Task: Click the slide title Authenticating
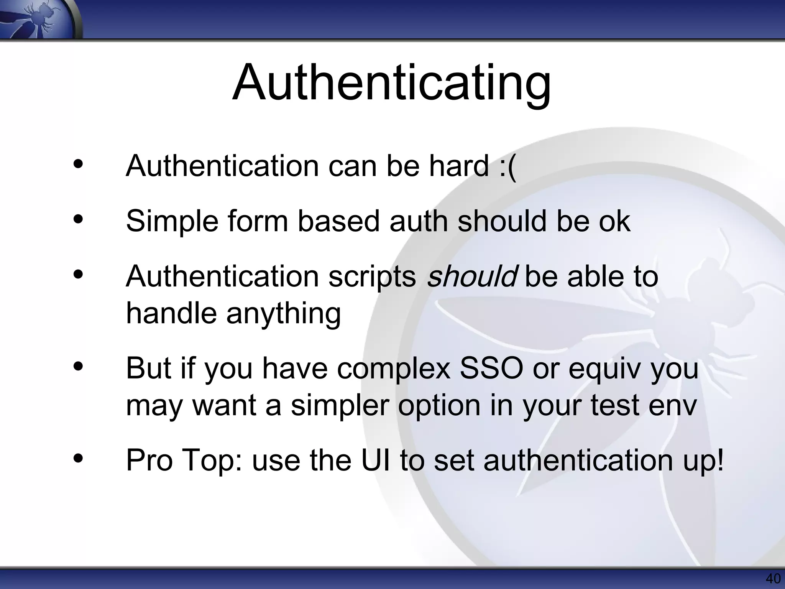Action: (391, 82)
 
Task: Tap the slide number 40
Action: (773, 579)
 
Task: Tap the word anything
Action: (283, 314)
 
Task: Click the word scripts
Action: (372, 277)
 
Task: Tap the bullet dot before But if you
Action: (78, 366)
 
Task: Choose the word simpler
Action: (340, 406)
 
